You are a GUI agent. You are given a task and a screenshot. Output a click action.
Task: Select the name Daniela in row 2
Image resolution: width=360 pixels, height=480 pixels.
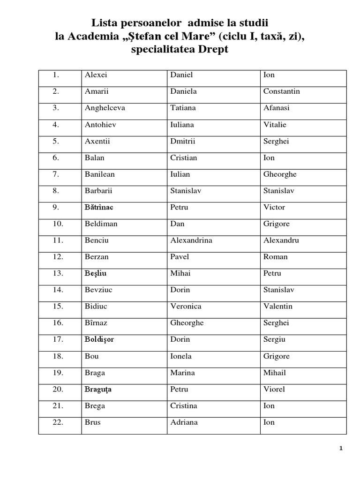(x=183, y=91)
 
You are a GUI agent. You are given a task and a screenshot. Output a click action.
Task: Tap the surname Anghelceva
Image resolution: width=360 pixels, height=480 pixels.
(x=105, y=108)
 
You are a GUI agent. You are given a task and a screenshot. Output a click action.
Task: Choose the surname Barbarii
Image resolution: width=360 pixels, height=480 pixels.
(x=99, y=191)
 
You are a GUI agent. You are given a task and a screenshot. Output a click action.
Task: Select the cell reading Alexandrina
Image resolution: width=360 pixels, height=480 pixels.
(x=191, y=240)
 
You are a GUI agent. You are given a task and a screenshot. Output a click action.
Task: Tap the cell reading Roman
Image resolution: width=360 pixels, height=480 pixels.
(x=276, y=257)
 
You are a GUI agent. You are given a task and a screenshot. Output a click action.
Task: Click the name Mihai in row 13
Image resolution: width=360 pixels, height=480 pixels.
(x=180, y=273)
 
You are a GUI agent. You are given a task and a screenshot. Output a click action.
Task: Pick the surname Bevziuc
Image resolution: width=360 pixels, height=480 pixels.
(x=99, y=290)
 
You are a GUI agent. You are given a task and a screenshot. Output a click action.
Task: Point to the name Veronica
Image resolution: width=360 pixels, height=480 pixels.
(x=186, y=307)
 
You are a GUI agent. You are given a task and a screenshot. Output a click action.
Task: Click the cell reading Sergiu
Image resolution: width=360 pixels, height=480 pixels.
(x=275, y=339)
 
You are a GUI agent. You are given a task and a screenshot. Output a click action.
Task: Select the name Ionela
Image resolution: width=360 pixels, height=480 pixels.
(x=181, y=356)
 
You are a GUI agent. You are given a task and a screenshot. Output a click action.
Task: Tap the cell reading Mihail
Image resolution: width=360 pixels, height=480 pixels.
(x=275, y=373)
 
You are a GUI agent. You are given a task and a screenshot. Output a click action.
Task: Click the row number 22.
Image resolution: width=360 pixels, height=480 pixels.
(x=58, y=422)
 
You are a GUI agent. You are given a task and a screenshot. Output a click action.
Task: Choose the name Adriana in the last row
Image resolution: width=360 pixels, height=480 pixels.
(x=184, y=422)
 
